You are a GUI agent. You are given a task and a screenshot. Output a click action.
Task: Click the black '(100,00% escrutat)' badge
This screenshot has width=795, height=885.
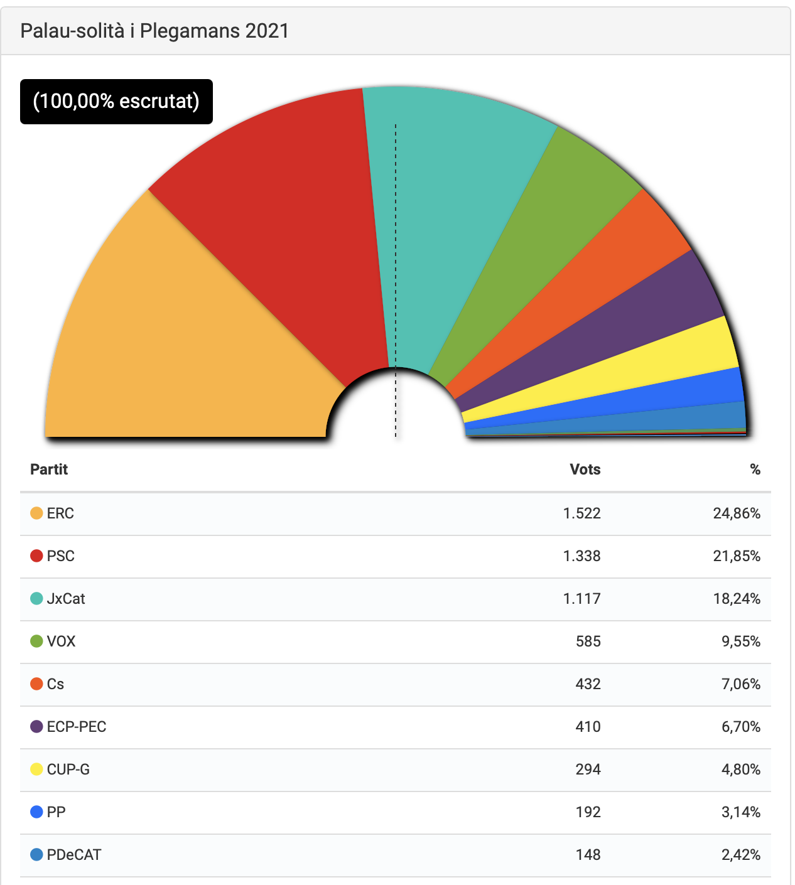(116, 102)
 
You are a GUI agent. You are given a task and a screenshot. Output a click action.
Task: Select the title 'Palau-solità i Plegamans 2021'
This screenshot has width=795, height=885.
(154, 31)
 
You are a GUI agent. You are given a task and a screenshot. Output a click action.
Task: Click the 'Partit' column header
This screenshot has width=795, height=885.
(49, 469)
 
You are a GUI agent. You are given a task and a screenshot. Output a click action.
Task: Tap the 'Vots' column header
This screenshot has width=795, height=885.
(585, 469)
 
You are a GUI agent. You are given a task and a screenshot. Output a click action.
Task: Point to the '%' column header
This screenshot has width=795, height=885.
(755, 469)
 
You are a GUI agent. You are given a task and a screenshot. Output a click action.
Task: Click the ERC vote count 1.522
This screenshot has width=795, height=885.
(581, 513)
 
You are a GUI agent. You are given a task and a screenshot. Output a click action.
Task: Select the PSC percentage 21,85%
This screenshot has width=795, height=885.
(737, 556)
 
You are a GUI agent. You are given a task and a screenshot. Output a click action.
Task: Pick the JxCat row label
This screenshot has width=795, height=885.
(66, 599)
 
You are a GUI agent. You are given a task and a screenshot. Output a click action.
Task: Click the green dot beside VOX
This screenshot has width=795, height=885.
(36, 641)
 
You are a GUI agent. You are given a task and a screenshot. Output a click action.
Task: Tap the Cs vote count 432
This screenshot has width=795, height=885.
(588, 684)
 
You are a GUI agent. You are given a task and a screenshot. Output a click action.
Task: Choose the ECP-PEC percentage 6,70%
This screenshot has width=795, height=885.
(740, 727)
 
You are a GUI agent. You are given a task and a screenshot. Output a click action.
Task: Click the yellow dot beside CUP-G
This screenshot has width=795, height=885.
(36, 770)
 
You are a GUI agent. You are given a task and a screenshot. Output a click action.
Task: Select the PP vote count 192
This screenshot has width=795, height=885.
(588, 812)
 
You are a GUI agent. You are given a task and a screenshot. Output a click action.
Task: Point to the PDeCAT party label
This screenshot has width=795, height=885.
(73, 855)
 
